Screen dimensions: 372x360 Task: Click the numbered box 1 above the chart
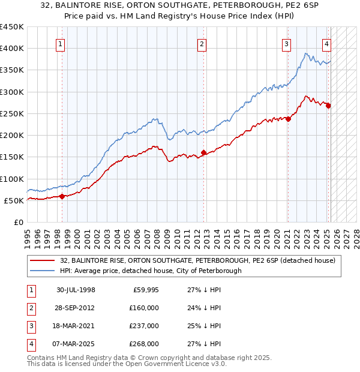pyautogui.click(x=61, y=43)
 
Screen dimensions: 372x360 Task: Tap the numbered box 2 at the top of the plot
pyautogui.click(x=202, y=43)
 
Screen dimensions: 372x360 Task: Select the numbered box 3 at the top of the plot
pyautogui.click(x=287, y=43)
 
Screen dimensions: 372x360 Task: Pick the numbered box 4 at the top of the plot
pyautogui.click(x=326, y=43)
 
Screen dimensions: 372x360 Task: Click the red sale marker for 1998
pyautogui.click(x=62, y=196)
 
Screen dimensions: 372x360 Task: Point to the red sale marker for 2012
pyautogui.click(x=203, y=152)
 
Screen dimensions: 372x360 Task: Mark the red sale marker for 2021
pyautogui.click(x=288, y=119)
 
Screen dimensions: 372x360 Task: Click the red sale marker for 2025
pyautogui.click(x=328, y=106)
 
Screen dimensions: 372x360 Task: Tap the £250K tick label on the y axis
pyautogui.click(x=11, y=113)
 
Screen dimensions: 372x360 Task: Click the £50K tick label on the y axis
pyautogui.click(x=14, y=200)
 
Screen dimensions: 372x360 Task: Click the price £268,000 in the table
pyautogui.click(x=145, y=344)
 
